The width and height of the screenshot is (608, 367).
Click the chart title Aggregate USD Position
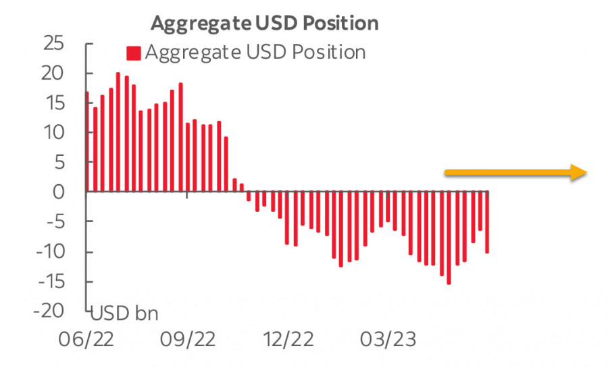[x=264, y=22]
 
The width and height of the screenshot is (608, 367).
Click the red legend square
[x=134, y=53]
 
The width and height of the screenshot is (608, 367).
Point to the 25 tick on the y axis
[x=53, y=44]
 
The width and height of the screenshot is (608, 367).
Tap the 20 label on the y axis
[x=53, y=74]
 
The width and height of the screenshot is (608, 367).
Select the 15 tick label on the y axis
[x=53, y=103]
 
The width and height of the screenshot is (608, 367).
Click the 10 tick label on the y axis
[x=53, y=133]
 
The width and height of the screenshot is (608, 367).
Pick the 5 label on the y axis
[x=59, y=163]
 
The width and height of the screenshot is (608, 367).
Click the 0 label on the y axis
[x=59, y=192]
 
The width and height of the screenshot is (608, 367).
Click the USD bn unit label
[x=124, y=314]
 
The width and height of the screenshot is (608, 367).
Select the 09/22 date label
[x=187, y=338]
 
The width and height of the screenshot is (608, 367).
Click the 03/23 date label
[x=386, y=338]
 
